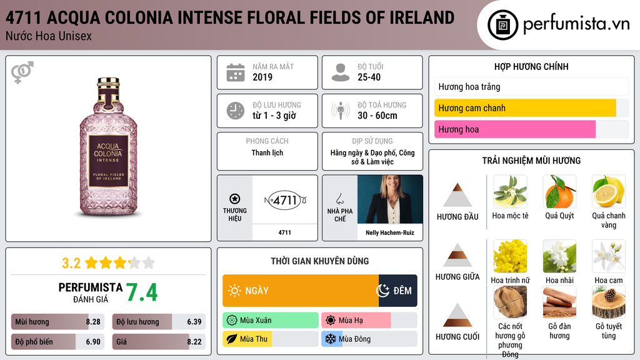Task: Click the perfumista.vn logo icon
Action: coord(502,25)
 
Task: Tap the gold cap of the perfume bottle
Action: coord(108,83)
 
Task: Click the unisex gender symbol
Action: coord(22,72)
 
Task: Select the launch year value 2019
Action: coord(262,77)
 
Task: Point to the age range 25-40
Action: coord(369,77)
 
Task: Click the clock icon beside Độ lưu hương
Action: coord(236,111)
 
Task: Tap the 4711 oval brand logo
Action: coord(285,200)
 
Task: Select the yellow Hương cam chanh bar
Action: coord(525,108)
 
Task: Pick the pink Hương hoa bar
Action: coord(515,129)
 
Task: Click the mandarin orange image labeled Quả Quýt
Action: coord(559,191)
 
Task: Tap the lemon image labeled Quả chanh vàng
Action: coord(609,191)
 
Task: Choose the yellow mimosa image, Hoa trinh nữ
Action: coord(510,256)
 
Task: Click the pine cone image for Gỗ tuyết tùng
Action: coord(609,302)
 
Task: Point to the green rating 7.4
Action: coord(142,292)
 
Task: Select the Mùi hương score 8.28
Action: coord(93,322)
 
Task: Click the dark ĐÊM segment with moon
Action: coord(398,291)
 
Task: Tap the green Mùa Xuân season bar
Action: coord(271,321)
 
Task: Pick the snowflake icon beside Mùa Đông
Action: coord(330,339)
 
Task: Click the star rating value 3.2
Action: coord(71,263)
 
